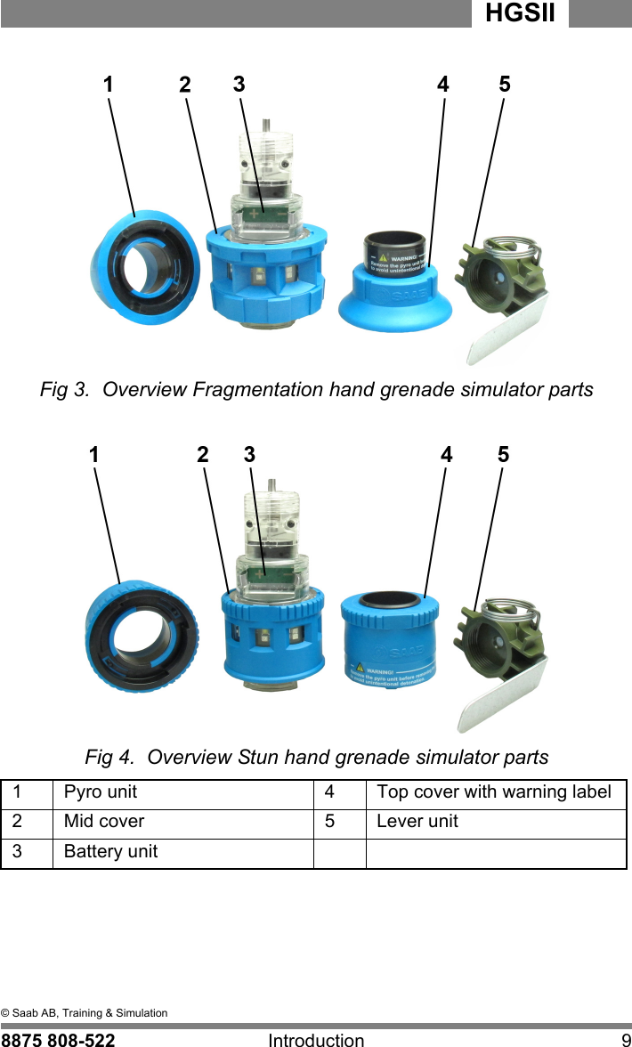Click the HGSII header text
pos(521,14)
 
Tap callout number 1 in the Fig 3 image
pos(108,85)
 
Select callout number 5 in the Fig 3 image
pos(505,85)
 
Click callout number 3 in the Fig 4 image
pos(249,454)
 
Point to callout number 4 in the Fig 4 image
pos(446,454)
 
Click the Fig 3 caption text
pos(316,390)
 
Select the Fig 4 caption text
pos(316,758)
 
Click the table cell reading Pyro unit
pos(101,792)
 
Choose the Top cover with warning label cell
pos(494,792)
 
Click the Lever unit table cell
pos(417,822)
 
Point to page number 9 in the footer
pos(625,1039)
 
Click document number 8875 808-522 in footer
pos(58,1039)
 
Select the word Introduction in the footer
pos(316,1039)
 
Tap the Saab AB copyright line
pos(84,1013)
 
